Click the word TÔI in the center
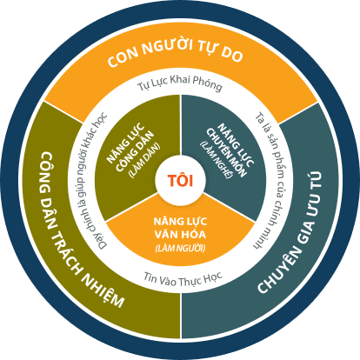180,180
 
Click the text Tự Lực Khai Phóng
179,83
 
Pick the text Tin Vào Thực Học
183,279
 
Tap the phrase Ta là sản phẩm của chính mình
269,180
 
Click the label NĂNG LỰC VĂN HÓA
180,228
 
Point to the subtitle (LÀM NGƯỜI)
180,249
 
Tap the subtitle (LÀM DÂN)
144,160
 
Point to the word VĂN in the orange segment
165,234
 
